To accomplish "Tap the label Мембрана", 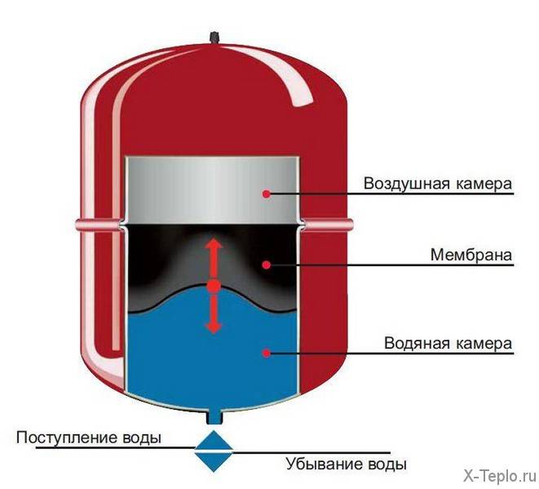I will pyautogui.click(x=471, y=254).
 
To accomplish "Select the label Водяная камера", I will pyautogui.click(x=448, y=343).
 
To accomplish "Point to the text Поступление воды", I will pyautogui.click(x=88, y=438).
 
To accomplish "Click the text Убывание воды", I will pyautogui.click(x=346, y=465).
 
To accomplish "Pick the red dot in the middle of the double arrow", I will pyautogui.click(x=214, y=287).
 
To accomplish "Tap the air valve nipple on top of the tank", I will pyautogui.click(x=216, y=36).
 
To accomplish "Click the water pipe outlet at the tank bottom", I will pyautogui.click(x=214, y=417).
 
